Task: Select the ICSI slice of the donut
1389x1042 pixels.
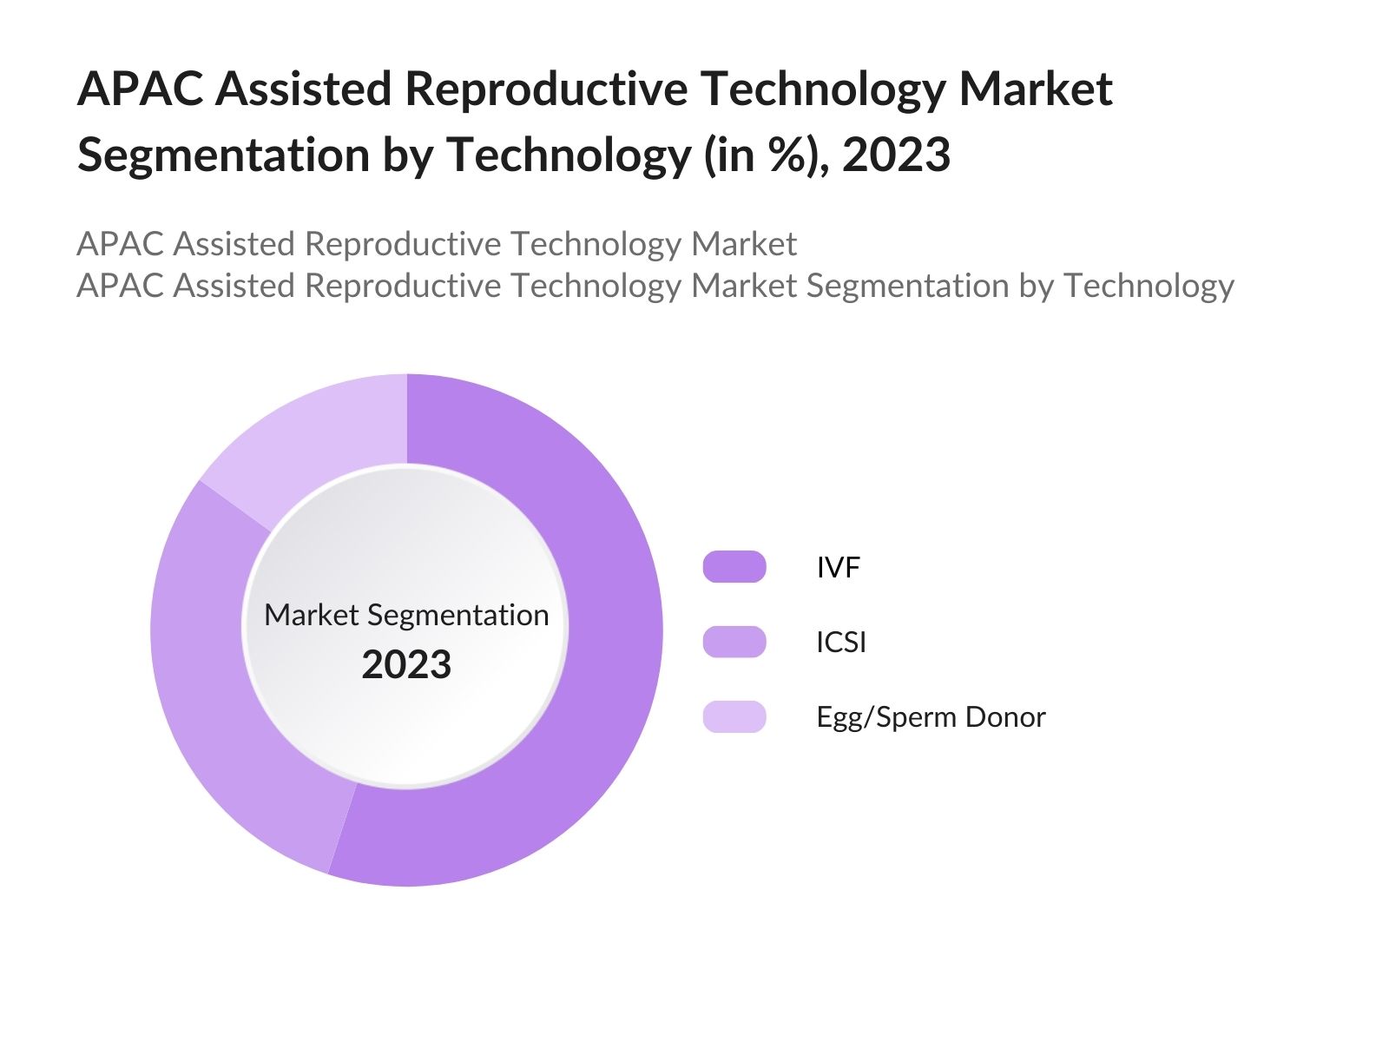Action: (208, 677)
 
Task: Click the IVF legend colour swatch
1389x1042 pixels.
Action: (734, 567)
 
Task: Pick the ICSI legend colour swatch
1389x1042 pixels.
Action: (734, 642)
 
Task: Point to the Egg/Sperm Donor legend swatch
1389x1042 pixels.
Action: (734, 716)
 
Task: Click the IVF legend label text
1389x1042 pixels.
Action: (838, 568)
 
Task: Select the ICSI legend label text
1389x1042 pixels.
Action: (841, 643)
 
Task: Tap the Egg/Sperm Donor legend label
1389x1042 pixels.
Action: (931, 717)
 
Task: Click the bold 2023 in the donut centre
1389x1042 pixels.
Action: (406, 665)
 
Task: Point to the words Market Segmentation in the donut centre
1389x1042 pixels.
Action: (406, 615)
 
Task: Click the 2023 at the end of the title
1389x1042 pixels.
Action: (896, 155)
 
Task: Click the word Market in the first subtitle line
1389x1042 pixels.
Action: (743, 244)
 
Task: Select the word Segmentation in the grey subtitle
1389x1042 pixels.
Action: (907, 286)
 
